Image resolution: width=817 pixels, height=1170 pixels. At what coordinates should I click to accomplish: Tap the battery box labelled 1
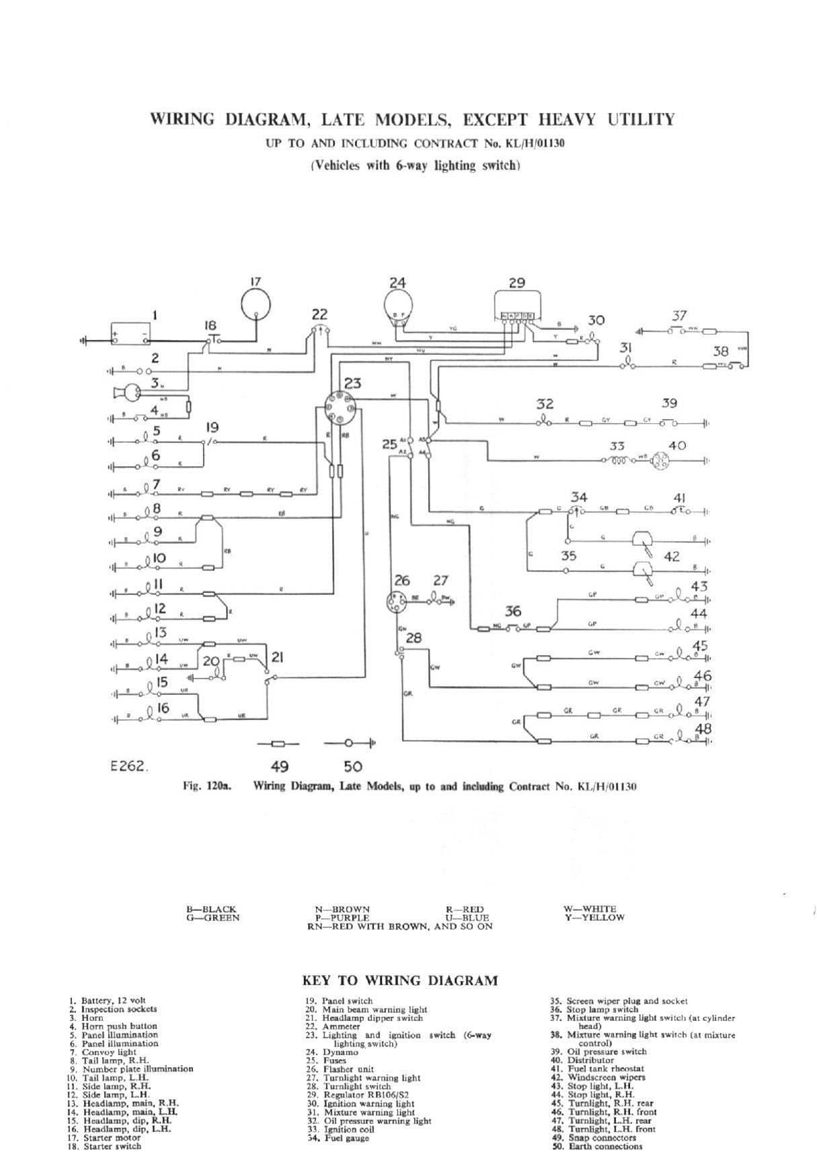[x=131, y=334]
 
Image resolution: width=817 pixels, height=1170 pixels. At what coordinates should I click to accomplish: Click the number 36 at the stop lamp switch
[x=513, y=612]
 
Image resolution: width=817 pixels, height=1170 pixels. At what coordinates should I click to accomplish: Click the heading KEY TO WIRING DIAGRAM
[x=401, y=980]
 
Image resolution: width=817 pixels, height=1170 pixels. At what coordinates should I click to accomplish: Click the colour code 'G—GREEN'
[x=212, y=917]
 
